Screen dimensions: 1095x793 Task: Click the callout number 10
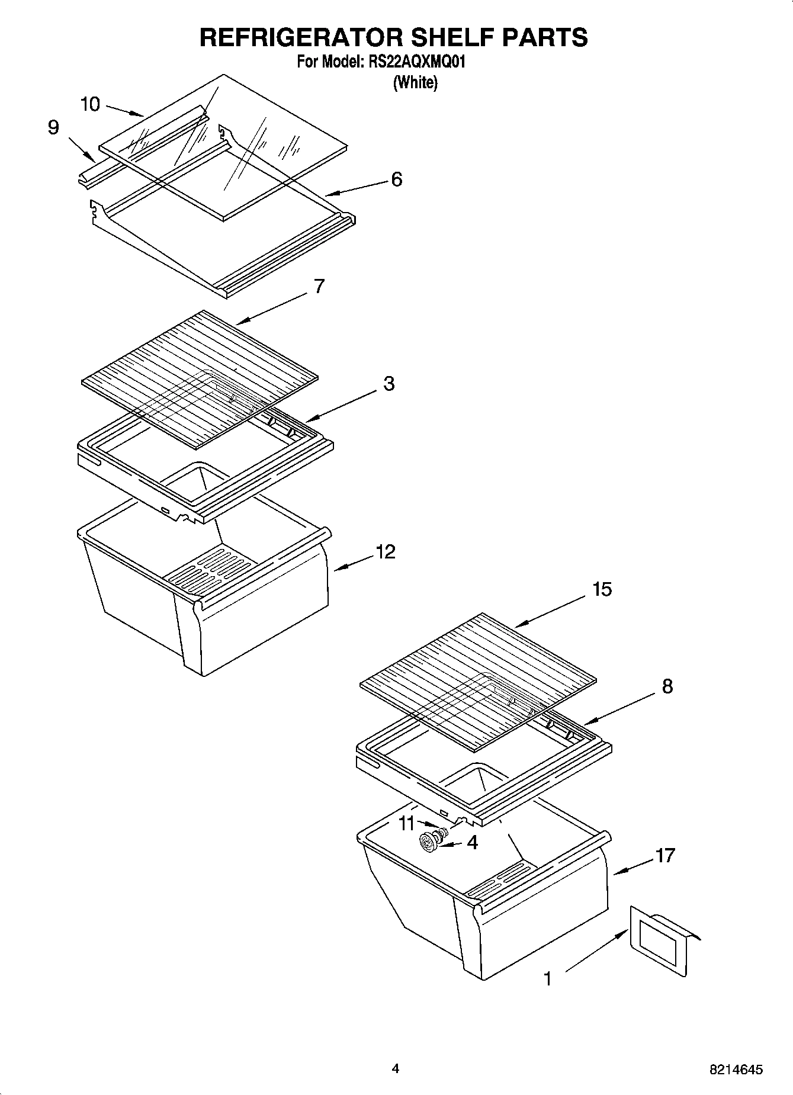91,105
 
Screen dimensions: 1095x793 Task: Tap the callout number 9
53,127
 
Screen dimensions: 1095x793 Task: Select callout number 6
396,179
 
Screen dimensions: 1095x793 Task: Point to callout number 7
319,286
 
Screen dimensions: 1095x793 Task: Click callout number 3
389,383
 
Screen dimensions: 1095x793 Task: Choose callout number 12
385,552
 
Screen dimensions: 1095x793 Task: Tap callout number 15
602,589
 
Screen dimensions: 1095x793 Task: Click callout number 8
667,686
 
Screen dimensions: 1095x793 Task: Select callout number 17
665,855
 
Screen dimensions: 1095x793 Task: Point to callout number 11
407,823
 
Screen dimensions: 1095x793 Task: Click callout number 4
472,842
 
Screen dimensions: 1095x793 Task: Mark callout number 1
548,979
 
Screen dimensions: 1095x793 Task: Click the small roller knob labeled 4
428,840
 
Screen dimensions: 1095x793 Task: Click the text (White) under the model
415,82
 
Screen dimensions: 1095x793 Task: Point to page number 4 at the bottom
395,1068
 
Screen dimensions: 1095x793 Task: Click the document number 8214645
735,1070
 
